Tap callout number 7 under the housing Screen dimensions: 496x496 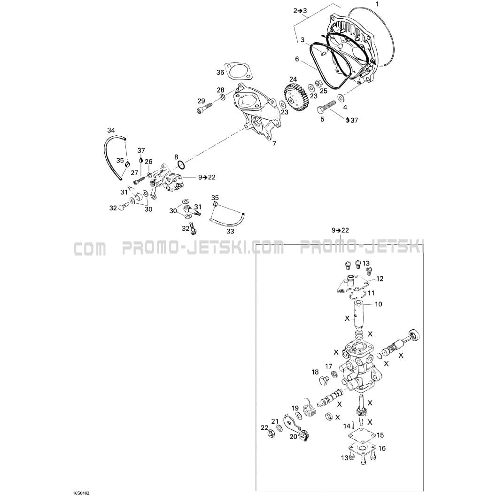[x=274, y=144]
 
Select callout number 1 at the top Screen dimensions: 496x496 [x=377, y=4]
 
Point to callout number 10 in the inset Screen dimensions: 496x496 [x=378, y=304]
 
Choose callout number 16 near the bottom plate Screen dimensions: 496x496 [x=382, y=448]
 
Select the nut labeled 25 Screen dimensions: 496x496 [x=318, y=84]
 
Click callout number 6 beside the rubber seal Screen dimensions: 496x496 [x=297, y=59]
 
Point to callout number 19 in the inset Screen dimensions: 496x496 [x=295, y=408]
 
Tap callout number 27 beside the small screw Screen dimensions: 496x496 [x=134, y=173]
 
